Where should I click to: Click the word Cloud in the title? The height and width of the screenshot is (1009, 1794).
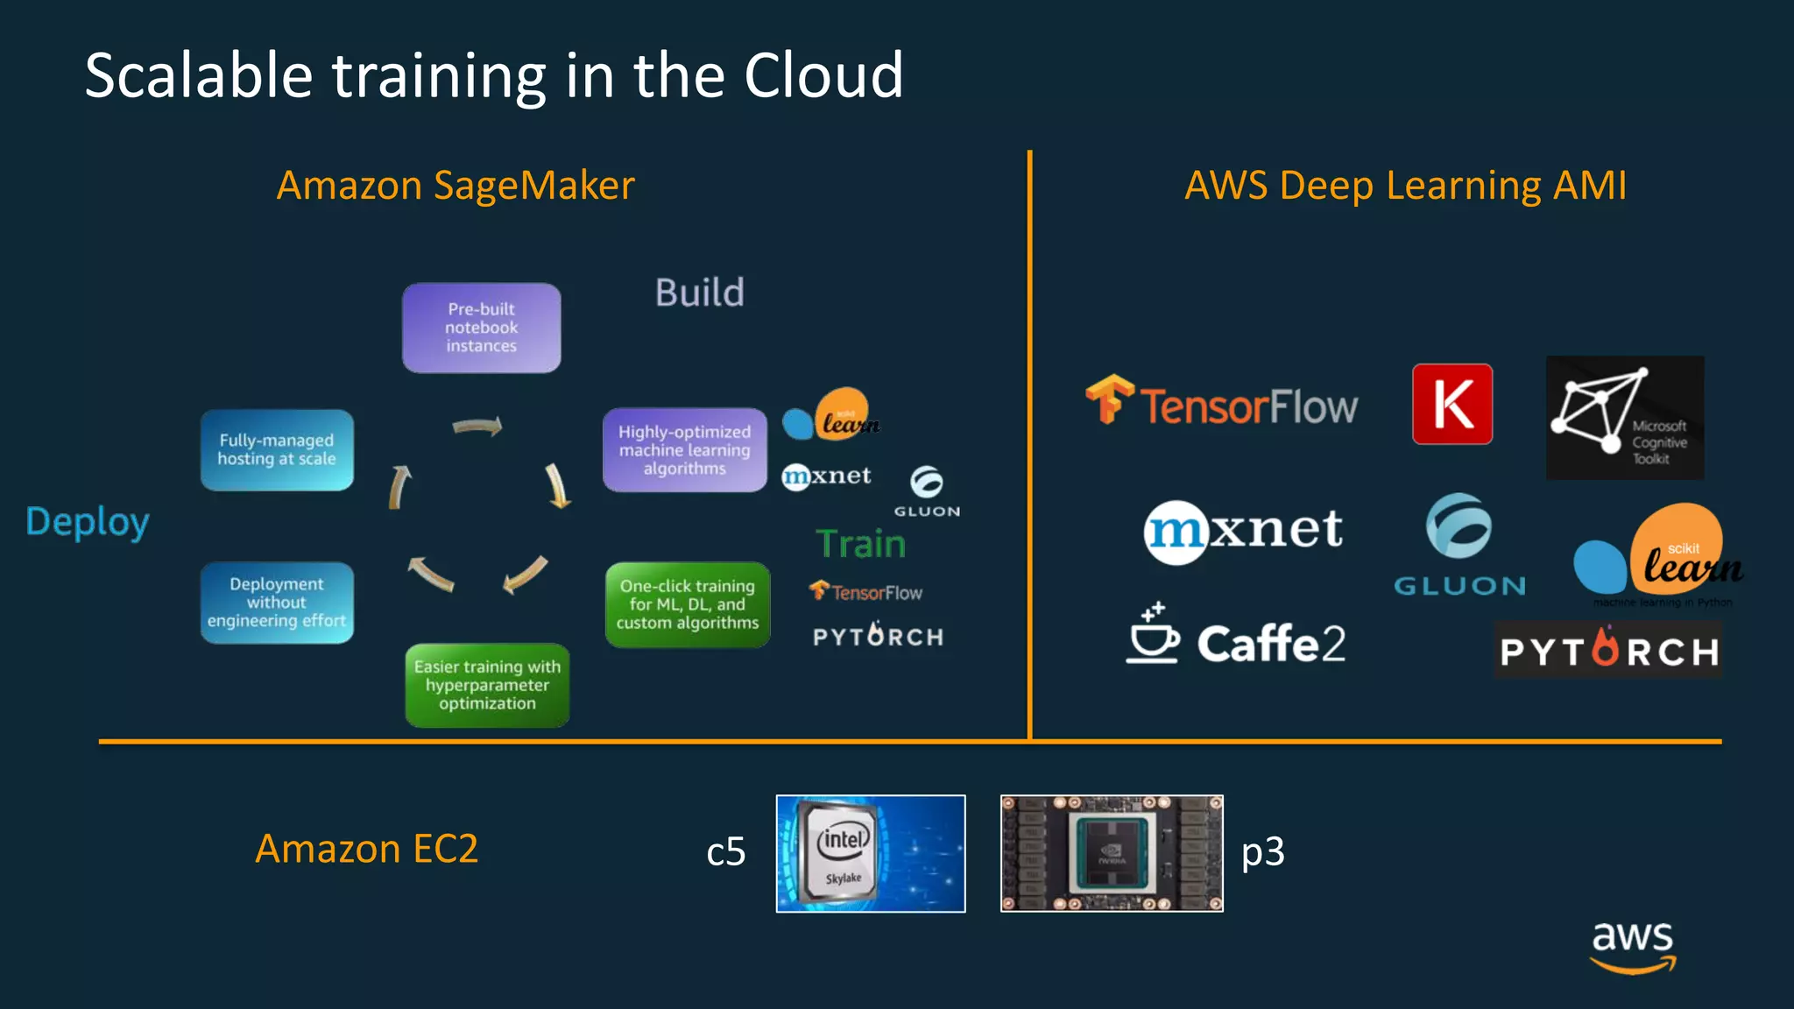click(x=823, y=76)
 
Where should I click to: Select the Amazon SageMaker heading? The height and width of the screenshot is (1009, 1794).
click(x=456, y=186)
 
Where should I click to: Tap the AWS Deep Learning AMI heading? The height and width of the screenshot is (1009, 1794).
click(x=1405, y=186)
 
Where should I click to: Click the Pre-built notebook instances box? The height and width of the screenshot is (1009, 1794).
click(x=481, y=328)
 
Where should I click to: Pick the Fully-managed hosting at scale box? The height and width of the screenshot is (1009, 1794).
click(x=277, y=450)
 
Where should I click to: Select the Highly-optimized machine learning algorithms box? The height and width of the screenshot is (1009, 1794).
click(x=684, y=450)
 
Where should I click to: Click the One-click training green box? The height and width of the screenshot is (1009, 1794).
click(x=687, y=604)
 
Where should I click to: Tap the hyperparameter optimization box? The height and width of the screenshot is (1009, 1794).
click(x=487, y=685)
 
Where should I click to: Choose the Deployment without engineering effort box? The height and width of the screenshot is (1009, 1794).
click(x=277, y=603)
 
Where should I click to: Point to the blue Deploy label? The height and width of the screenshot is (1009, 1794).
click(x=88, y=522)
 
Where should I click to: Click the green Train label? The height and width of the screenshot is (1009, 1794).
click(x=860, y=544)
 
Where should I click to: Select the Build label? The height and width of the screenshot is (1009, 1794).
click(x=699, y=293)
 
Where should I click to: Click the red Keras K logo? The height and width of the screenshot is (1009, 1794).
click(x=1452, y=404)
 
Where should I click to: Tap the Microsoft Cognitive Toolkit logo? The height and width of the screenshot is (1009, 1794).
click(x=1624, y=418)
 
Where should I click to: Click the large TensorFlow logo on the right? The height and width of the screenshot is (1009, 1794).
click(x=1222, y=404)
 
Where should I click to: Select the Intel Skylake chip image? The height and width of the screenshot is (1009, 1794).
click(x=870, y=853)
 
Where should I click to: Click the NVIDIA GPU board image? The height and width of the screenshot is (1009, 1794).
click(x=1111, y=853)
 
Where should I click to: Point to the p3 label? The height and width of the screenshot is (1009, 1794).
click(x=1262, y=851)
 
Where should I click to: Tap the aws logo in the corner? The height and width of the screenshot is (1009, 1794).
click(x=1632, y=946)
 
